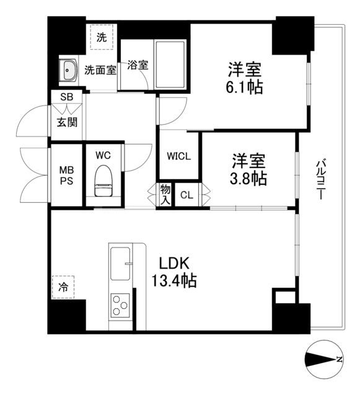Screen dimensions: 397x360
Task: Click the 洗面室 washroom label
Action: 100,70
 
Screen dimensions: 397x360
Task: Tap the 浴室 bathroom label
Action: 137,64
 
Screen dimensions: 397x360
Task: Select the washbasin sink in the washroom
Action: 68,70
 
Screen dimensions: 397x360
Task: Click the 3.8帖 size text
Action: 249,179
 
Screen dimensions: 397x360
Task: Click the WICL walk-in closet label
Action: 178,156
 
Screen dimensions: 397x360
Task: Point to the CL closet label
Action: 187,195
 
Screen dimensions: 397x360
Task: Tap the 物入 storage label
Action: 165,195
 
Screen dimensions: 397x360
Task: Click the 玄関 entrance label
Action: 67,122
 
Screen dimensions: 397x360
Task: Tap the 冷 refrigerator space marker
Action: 63,287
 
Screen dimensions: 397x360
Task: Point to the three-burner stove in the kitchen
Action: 120,305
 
